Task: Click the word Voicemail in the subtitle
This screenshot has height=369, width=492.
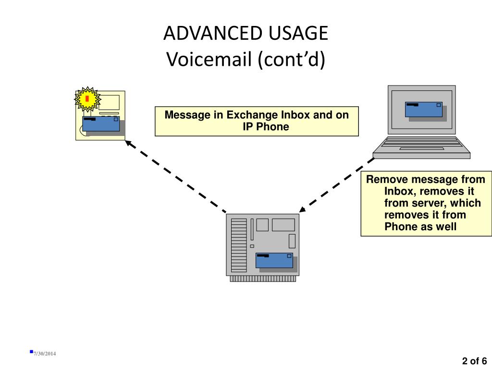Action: (x=209, y=59)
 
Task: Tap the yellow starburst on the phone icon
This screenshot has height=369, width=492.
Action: (x=87, y=99)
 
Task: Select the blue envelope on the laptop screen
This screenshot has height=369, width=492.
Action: (x=424, y=110)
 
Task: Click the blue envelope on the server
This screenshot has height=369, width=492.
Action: (x=274, y=260)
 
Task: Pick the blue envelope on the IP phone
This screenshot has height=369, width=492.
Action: (x=101, y=124)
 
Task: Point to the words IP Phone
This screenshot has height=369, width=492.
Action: (x=266, y=127)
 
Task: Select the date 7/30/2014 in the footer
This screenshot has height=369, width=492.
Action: (x=45, y=354)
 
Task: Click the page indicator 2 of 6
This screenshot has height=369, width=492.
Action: (x=474, y=361)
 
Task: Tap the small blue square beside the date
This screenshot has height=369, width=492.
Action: (x=31, y=352)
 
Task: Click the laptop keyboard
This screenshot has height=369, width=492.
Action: (x=421, y=145)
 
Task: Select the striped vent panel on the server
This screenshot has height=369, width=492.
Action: (x=239, y=246)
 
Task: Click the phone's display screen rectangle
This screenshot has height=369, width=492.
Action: (x=109, y=103)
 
